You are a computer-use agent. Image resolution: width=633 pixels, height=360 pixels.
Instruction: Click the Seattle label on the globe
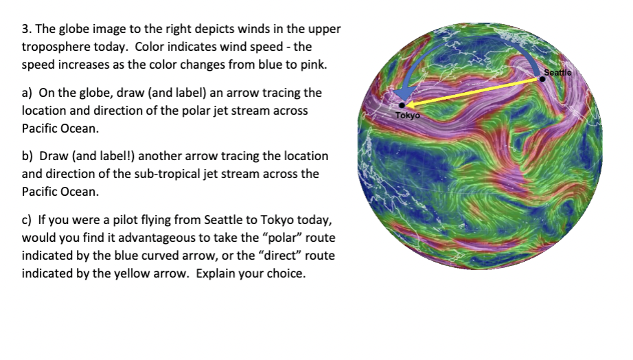(x=557, y=73)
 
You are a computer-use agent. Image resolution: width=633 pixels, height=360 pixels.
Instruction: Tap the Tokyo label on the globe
(x=408, y=115)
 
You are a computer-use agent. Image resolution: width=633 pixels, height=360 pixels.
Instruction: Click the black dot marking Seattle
(x=542, y=79)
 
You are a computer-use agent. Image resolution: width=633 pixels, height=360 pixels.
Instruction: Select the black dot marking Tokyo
(x=402, y=105)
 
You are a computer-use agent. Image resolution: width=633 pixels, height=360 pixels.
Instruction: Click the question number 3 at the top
(x=26, y=29)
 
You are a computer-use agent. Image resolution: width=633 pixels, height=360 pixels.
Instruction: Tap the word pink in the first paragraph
(x=313, y=65)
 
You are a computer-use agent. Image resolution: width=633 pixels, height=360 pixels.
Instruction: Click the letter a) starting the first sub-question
(x=27, y=93)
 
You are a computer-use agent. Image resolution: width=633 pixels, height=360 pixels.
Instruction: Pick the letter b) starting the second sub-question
(x=27, y=156)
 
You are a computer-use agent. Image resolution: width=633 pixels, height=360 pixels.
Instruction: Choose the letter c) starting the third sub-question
(x=26, y=220)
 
